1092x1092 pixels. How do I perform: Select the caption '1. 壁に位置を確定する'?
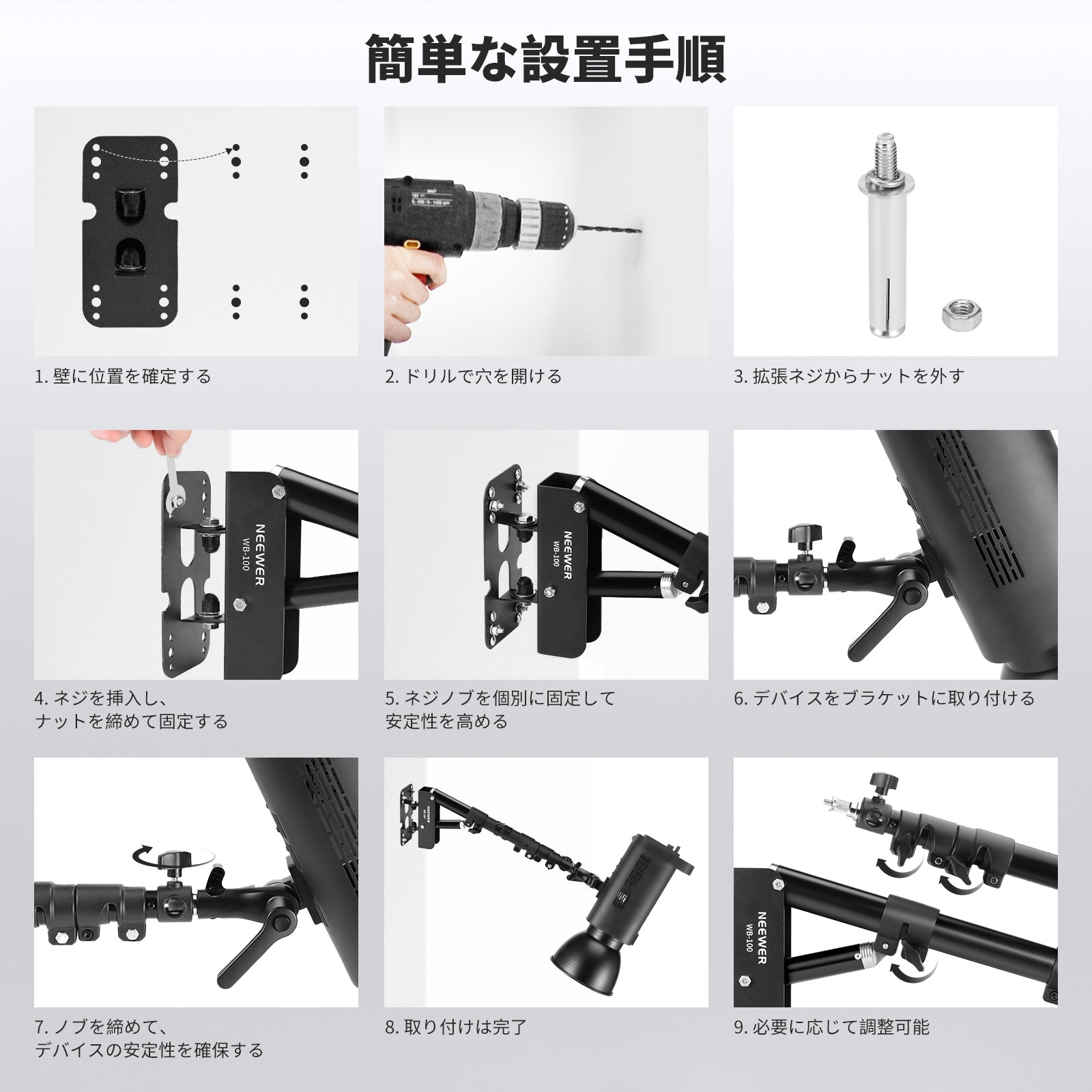coord(123,376)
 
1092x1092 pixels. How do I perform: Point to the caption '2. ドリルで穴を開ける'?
coord(473,376)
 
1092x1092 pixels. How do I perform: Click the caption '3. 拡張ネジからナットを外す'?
coord(849,376)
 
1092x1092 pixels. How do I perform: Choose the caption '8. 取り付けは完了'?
coord(456,1026)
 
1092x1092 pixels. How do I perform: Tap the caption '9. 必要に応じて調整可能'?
coord(832,1026)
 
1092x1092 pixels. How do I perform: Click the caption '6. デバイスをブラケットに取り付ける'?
coord(885,698)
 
